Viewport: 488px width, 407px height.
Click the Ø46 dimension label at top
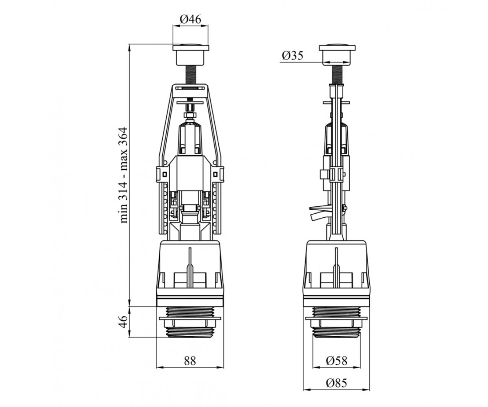point(190,19)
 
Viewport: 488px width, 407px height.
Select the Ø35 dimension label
point(292,55)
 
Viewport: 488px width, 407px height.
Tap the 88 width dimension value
point(190,361)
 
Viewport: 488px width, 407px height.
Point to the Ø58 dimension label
point(337,361)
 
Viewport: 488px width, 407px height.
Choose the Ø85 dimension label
point(337,383)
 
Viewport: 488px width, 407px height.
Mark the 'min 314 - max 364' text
point(123,175)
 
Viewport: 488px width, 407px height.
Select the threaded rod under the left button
point(191,74)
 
